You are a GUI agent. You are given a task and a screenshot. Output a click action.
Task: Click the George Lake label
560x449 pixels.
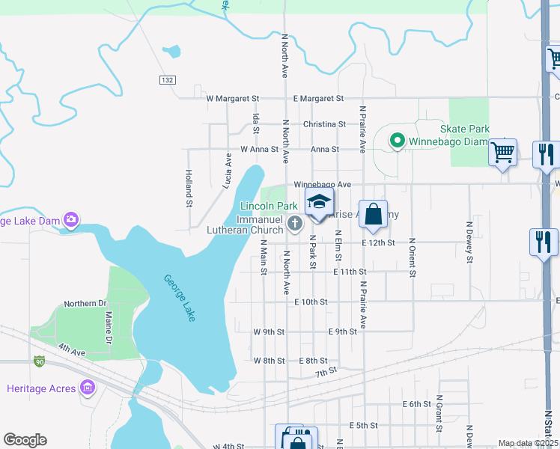[180, 299]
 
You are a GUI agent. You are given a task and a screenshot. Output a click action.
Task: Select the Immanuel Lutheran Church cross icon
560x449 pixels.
[296, 223]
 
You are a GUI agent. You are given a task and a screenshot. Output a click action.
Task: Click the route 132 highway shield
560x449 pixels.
[166, 79]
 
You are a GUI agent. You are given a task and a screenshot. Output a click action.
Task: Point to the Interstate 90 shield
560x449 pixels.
[39, 361]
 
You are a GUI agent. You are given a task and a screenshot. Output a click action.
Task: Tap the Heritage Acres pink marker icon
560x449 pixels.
[88, 388]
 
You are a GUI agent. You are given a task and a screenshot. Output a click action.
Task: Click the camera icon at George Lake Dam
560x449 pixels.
[71, 219]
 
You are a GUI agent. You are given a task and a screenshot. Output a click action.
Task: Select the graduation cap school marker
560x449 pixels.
[318, 201]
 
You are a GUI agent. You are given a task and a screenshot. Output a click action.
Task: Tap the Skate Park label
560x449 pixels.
[469, 129]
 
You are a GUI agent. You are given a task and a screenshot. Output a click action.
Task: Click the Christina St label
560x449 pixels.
[324, 123]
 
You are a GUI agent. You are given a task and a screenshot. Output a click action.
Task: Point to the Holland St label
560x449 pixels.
[189, 187]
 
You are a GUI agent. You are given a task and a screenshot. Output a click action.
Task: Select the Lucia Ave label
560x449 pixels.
[228, 170]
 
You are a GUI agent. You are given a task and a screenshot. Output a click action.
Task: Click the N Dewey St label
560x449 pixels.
[470, 242]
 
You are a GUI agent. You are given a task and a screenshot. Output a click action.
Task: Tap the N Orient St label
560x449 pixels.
[412, 257]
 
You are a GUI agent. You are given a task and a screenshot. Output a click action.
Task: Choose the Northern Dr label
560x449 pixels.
[85, 303]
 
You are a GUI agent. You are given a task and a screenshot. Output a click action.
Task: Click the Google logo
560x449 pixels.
[25, 440]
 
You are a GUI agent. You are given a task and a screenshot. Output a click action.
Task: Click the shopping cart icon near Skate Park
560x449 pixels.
[502, 153]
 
